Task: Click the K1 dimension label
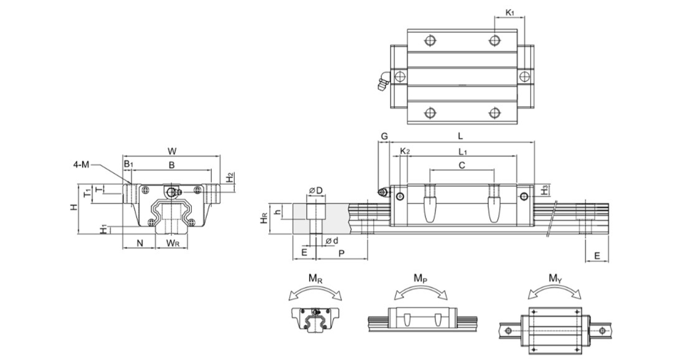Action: [x=509, y=12]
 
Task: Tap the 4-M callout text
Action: [x=81, y=164]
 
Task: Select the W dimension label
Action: [x=172, y=151]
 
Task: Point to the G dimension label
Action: [x=384, y=136]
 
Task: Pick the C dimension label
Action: [x=462, y=165]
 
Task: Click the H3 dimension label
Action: [x=544, y=190]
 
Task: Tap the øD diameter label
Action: [x=316, y=191]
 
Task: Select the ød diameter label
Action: [x=332, y=240]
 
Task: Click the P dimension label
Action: [x=341, y=252]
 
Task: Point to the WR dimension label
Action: [x=172, y=243]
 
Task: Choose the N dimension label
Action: [x=139, y=243]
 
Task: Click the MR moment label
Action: [x=315, y=279]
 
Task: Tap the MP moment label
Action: [x=420, y=279]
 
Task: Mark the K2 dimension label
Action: [x=405, y=151]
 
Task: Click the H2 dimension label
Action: [x=229, y=177]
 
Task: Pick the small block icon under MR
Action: [x=315, y=318]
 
